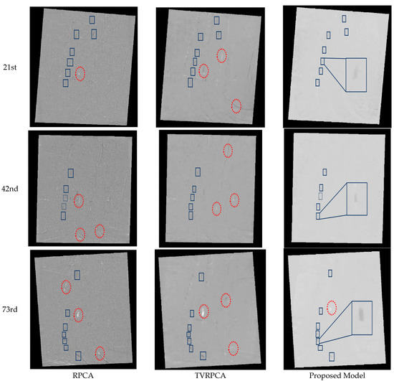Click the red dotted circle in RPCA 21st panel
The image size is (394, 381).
click(81, 72)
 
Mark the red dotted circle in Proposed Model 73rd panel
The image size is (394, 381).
click(331, 308)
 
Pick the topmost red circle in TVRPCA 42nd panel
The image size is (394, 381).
click(228, 150)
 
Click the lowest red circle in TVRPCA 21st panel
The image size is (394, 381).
click(236, 106)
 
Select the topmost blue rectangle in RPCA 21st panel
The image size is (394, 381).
click(92, 19)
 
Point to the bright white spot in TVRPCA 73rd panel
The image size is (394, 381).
click(204, 311)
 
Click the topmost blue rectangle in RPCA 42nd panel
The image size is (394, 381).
click(70, 172)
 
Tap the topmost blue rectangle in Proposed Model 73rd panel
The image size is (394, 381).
click(330, 273)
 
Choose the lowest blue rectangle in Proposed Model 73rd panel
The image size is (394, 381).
click(331, 356)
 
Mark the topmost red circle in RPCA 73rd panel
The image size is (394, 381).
click(66, 287)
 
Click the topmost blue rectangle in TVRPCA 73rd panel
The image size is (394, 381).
click(202, 275)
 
